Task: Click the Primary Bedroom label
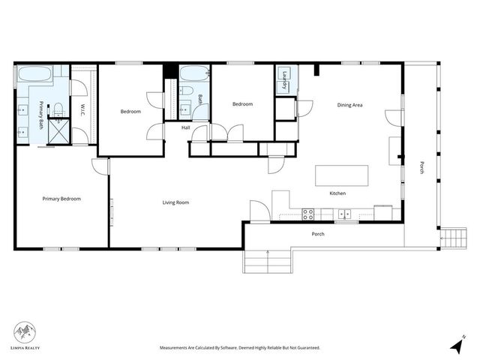pos(61,199)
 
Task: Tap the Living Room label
pos(175,202)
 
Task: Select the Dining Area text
pos(349,105)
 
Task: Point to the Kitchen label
pos(337,193)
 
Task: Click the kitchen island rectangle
pos(341,175)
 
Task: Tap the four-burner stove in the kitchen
pos(307,214)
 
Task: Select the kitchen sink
pos(345,214)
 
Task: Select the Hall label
pos(185,127)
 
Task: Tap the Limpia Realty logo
pos(26,334)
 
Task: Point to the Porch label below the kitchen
pos(318,234)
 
